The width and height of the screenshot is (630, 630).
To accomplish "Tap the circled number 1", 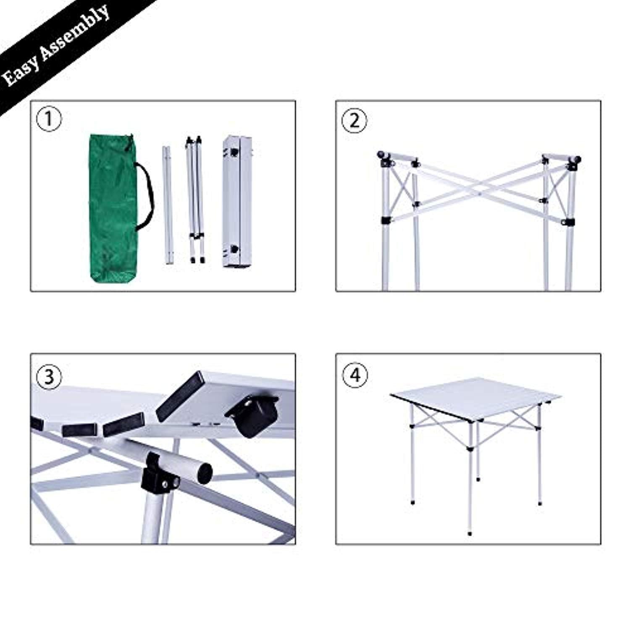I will tap(49, 119).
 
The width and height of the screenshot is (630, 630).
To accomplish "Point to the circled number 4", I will tap(355, 374).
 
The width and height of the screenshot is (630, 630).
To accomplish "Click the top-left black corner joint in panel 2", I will tap(383, 156).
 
